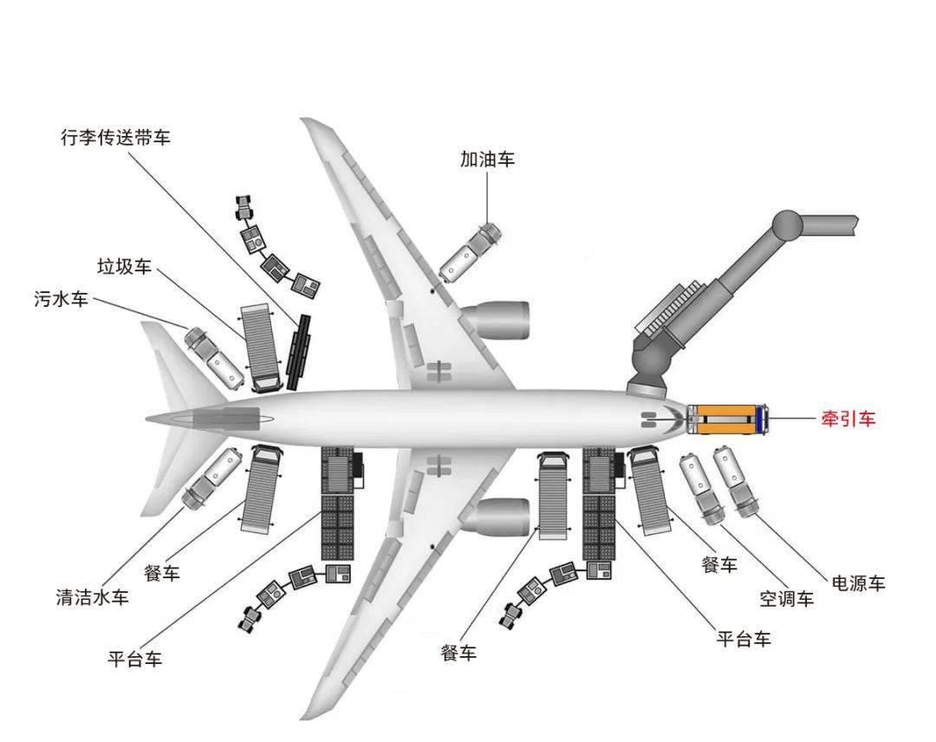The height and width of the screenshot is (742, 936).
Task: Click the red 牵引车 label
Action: click(848, 419)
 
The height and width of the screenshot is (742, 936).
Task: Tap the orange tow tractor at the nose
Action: click(727, 419)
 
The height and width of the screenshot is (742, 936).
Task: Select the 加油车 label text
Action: click(487, 159)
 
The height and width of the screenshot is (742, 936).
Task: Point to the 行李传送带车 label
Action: click(116, 138)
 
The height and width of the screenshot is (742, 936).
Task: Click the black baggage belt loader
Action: click(299, 350)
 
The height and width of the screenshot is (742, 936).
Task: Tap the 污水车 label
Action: click(61, 300)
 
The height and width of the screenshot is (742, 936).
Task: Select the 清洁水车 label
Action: click(92, 597)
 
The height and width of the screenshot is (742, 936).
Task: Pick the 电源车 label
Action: click(858, 583)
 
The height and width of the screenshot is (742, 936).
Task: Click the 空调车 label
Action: click(787, 598)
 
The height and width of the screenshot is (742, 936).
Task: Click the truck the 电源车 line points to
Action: click(735, 480)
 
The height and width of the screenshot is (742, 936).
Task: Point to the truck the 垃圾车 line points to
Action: click(263, 346)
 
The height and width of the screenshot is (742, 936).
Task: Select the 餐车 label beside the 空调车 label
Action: click(718, 565)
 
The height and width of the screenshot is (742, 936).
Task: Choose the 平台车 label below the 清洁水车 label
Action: click(134, 659)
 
